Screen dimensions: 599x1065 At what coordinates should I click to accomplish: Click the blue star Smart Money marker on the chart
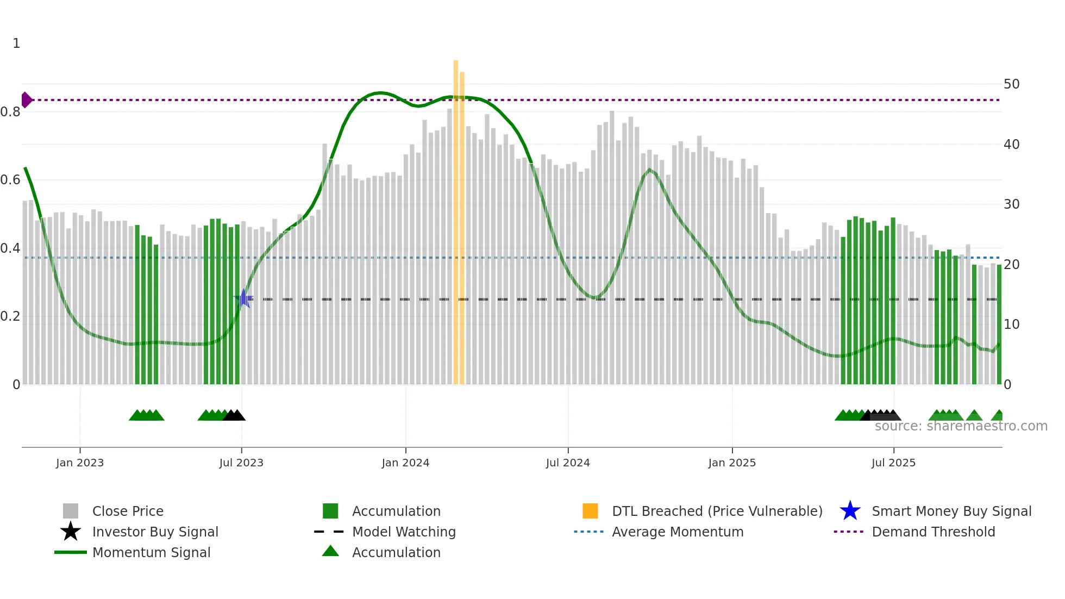click(243, 298)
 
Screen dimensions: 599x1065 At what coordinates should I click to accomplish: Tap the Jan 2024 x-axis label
click(405, 463)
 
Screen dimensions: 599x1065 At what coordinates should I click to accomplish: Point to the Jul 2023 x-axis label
click(241, 463)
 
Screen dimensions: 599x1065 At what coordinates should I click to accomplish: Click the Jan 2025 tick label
click(732, 463)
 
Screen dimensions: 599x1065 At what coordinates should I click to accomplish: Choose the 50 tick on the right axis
click(1011, 84)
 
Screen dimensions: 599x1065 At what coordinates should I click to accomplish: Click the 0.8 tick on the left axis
click(10, 112)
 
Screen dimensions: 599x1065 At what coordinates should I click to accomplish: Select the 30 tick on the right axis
click(1011, 204)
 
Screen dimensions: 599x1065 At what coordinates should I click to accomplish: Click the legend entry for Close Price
click(128, 511)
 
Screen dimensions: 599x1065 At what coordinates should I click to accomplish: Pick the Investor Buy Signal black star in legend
click(71, 532)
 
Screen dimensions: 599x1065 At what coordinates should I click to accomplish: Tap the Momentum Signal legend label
click(151, 552)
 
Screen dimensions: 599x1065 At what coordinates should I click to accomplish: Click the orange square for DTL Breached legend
click(590, 511)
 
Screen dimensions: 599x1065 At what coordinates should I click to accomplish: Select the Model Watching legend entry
click(404, 532)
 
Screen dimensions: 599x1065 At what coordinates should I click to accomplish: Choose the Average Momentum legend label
click(678, 532)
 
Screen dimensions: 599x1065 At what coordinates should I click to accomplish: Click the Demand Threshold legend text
click(933, 532)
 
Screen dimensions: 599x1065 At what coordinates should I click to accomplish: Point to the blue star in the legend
click(850, 511)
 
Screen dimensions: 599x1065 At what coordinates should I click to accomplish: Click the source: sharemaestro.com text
click(961, 426)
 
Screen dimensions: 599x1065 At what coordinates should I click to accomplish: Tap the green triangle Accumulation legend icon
click(330, 551)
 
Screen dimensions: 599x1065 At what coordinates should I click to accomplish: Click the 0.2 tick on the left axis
click(10, 316)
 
